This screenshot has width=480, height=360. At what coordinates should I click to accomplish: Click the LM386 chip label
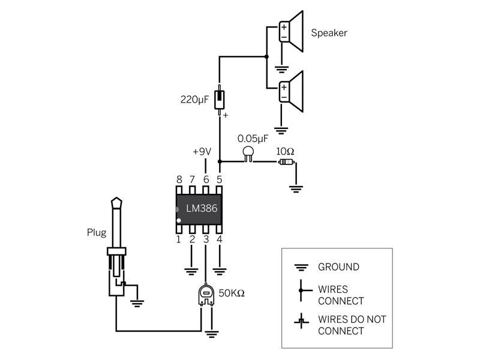pos(202,208)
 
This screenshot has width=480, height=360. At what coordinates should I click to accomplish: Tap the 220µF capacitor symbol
pos(219,100)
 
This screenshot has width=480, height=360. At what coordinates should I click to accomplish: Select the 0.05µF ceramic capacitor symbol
pos(248,154)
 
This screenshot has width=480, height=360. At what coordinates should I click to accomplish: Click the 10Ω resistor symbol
pos(287,162)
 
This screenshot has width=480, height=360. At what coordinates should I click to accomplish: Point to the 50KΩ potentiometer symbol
pos(206,295)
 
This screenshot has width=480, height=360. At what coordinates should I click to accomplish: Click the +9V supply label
pos(202,152)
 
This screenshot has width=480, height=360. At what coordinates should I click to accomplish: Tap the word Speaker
pos(329,33)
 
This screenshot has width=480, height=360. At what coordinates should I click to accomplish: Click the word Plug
pos(97,233)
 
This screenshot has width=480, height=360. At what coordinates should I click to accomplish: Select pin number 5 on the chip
pos(219,179)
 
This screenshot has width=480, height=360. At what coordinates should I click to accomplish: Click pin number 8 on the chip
pos(179,179)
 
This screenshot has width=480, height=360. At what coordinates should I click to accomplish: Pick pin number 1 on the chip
pos(178,239)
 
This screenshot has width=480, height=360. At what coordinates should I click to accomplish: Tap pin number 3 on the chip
pos(206,239)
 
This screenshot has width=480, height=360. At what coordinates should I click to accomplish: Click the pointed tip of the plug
pos(116,198)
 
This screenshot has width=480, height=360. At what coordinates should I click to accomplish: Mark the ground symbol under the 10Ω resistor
pos(296,189)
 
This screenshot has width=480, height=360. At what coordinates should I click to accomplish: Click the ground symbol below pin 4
pos(220,272)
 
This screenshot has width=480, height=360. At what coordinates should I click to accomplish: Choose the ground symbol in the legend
pos(301,268)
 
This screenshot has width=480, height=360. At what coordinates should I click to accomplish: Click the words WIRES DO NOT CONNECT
pos(352,325)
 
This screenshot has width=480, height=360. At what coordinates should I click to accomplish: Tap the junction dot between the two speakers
pos(266,56)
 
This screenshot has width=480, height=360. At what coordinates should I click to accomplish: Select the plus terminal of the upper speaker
pos(284,27)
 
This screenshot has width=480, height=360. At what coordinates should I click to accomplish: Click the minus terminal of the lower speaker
pos(284,98)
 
